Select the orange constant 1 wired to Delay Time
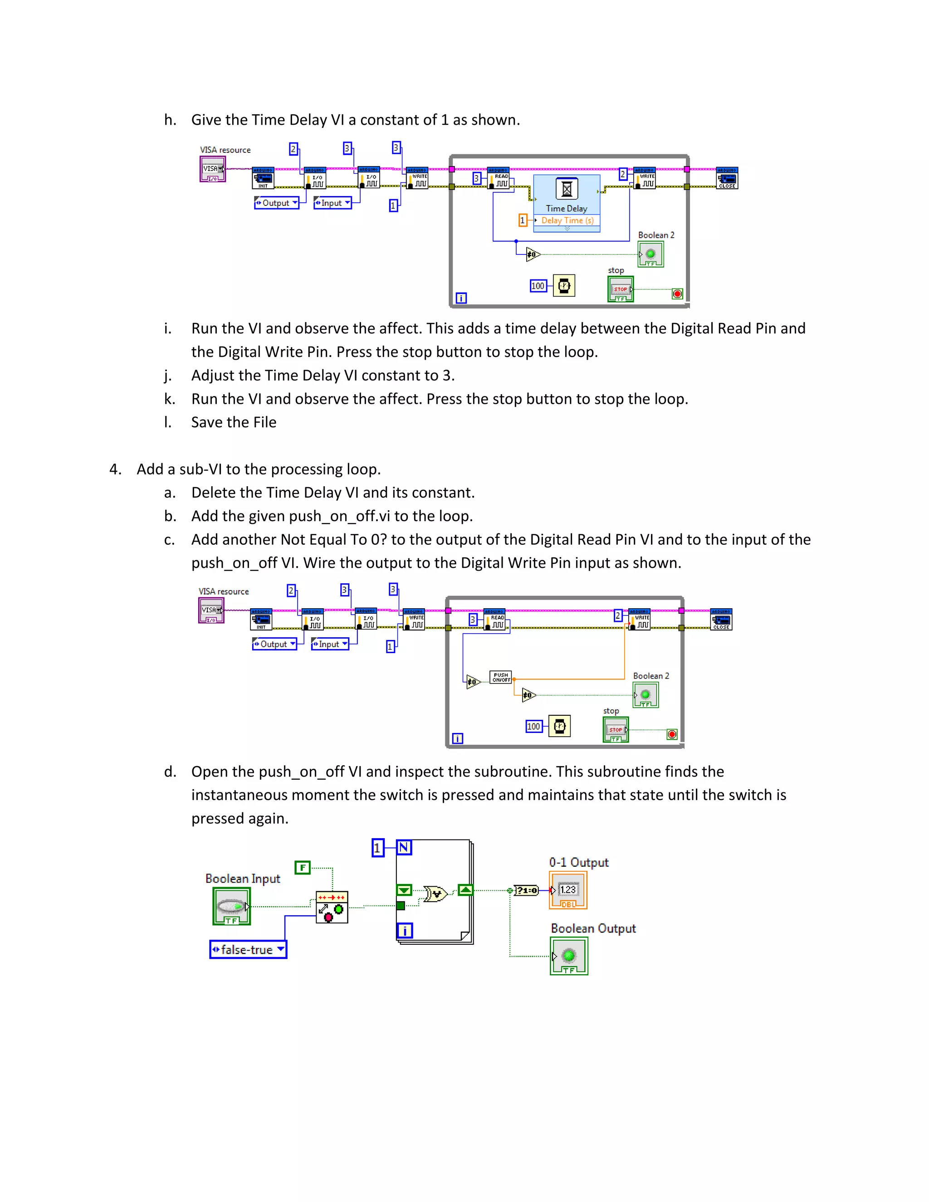point(522,220)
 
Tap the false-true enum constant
point(248,949)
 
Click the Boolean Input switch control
point(232,906)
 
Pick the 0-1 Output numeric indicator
point(568,890)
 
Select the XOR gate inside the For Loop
point(435,894)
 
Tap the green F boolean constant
point(302,868)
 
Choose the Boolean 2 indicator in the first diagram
point(650,255)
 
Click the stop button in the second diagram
point(615,730)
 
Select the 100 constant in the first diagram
point(538,286)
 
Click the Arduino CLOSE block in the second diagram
point(721,619)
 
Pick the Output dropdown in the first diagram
point(276,203)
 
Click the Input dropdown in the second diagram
point(330,644)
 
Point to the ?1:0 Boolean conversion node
point(526,890)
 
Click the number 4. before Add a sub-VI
point(116,469)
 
